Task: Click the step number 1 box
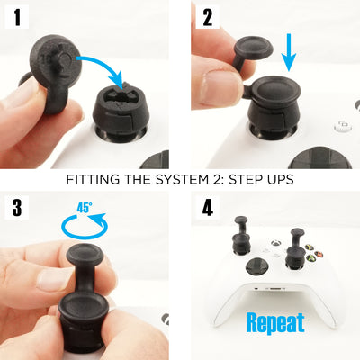[17, 17]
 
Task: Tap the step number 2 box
[208, 17]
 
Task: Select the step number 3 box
[17, 207]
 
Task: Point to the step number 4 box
[208, 207]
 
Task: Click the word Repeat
[275, 323]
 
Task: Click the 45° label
[85, 208]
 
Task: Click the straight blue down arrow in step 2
[289, 52]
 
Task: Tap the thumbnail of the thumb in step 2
[222, 87]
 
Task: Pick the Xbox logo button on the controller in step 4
[275, 243]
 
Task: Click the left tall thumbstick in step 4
[241, 236]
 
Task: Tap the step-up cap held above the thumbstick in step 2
[254, 51]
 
